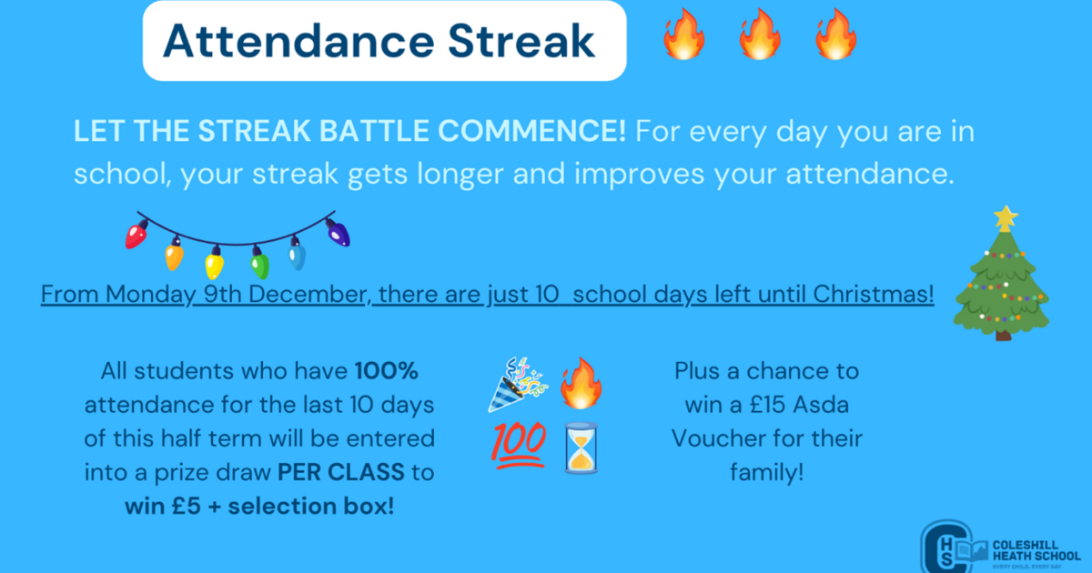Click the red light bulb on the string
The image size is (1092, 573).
pos(137,234)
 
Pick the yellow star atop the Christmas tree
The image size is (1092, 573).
pos(1006,217)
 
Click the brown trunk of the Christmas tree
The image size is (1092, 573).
pos(1003,334)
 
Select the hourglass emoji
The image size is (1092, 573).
pos(580,447)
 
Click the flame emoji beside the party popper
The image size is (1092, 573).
pos(580,381)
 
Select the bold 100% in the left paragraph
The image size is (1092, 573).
pos(387,371)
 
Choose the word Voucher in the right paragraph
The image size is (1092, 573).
pos(719,439)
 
